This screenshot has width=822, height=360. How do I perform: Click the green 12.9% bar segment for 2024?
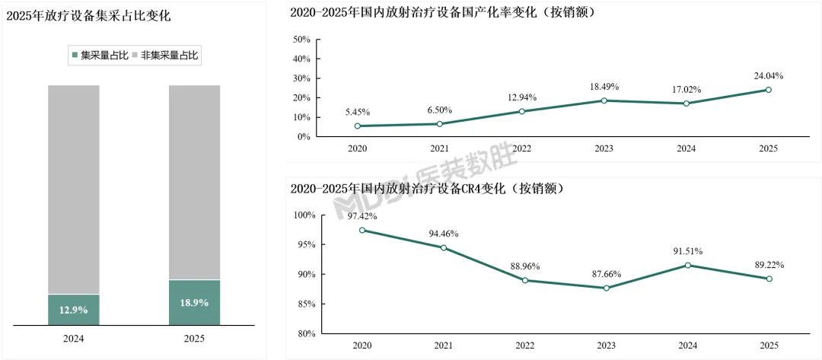click(74, 310)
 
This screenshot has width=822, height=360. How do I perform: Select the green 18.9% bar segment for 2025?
click(194, 302)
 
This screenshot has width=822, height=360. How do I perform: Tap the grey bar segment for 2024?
click(74, 189)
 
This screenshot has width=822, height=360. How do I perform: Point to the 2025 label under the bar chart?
click(194, 339)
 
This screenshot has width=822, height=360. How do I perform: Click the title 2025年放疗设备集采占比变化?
click(88, 16)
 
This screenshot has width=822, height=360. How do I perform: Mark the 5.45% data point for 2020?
click(358, 126)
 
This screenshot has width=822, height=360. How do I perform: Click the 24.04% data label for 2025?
click(768, 76)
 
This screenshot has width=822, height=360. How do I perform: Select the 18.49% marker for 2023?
click(604, 100)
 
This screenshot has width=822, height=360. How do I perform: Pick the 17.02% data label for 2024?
click(687, 90)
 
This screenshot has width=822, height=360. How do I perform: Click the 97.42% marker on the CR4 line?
click(362, 230)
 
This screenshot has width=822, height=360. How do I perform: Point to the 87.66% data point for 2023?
click(606, 288)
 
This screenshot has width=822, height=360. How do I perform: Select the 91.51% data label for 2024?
click(688, 251)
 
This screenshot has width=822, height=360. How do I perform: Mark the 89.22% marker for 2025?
click(769, 279)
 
